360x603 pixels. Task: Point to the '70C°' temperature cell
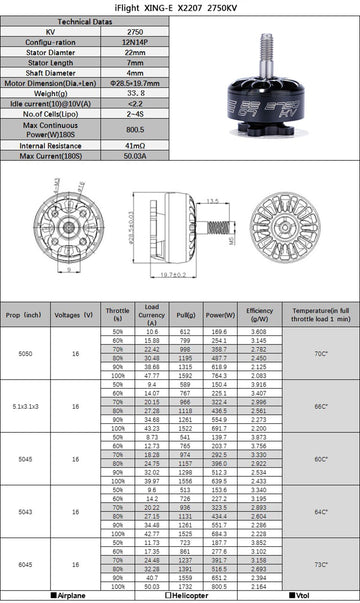(x=319, y=354)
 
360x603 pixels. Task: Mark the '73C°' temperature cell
(x=319, y=564)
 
